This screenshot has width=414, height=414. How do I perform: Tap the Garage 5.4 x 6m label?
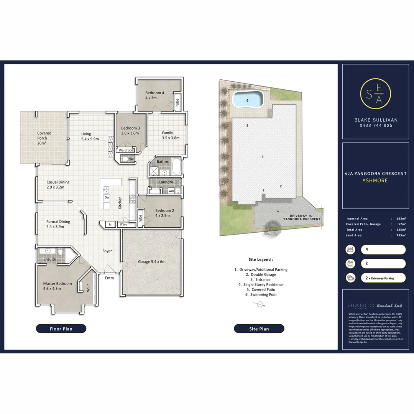(x=151, y=262)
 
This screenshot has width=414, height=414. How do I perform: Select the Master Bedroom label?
(x=57, y=286)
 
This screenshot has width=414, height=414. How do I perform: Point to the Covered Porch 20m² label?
(x=44, y=138)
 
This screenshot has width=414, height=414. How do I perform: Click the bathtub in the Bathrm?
(x=177, y=167)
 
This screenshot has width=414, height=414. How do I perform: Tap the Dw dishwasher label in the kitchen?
(x=107, y=197)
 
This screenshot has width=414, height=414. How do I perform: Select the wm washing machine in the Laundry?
(x=171, y=191)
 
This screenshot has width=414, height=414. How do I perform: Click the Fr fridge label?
(x=110, y=225)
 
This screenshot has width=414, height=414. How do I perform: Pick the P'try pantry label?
(x=123, y=225)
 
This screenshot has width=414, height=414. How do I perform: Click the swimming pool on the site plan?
(x=248, y=100)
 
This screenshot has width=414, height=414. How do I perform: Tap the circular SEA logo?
(x=375, y=94)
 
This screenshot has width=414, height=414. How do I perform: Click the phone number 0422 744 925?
(x=375, y=125)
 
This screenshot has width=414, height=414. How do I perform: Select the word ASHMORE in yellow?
(x=375, y=181)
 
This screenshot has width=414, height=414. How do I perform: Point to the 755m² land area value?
(x=401, y=235)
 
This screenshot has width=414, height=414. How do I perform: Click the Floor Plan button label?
(x=61, y=329)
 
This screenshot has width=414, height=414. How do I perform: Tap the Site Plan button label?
(x=259, y=329)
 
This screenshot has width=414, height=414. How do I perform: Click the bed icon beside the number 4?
(x=350, y=250)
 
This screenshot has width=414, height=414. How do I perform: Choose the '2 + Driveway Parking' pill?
(x=383, y=278)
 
